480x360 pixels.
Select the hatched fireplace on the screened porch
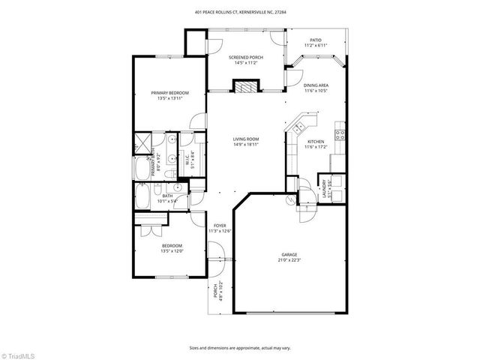(244, 87)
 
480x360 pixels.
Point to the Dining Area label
(316, 85)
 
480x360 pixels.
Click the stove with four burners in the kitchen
(340, 136)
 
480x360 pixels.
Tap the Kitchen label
(315, 142)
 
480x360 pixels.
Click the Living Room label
(245, 139)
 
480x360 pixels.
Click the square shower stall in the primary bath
(141, 143)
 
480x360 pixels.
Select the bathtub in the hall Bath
(143, 199)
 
